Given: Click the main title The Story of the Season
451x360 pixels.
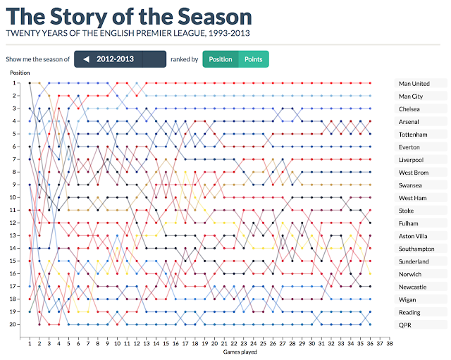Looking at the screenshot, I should click(128, 15).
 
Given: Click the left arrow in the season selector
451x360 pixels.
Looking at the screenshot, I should click(87, 60).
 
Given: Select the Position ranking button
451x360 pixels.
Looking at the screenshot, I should click(221, 60).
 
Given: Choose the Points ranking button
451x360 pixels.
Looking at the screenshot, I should click(253, 60).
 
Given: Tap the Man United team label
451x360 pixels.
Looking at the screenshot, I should click(414, 84).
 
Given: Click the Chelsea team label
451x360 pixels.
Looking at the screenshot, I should click(409, 109).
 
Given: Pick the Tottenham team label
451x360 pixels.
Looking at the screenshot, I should click(413, 135).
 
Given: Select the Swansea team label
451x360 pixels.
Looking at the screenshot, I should click(411, 185).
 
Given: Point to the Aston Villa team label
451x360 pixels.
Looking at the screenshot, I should click(414, 236).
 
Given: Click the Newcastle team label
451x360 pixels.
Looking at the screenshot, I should click(413, 287).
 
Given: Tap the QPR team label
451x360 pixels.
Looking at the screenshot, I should click(406, 325).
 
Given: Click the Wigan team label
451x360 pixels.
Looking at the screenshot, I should click(408, 299).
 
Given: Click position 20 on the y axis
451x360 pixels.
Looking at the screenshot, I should click(12, 325).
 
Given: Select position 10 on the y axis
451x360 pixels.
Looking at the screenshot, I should click(12, 197).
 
